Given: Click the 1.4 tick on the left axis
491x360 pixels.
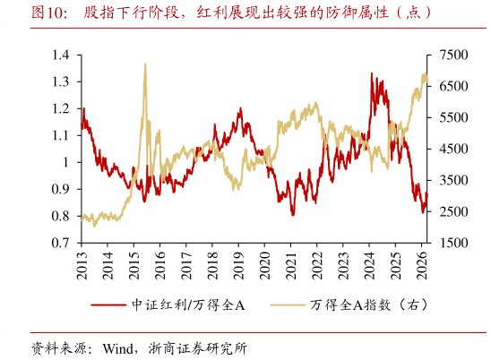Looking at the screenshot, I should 60,56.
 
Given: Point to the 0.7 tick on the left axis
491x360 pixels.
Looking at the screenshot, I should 60,243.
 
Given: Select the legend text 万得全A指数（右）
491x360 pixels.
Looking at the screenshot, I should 365,305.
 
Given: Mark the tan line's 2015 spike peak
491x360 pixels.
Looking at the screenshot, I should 144,64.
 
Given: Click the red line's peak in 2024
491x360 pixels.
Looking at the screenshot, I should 372,74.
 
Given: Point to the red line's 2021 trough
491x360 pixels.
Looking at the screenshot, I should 292,215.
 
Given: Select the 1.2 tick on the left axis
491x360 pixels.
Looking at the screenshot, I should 60,109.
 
